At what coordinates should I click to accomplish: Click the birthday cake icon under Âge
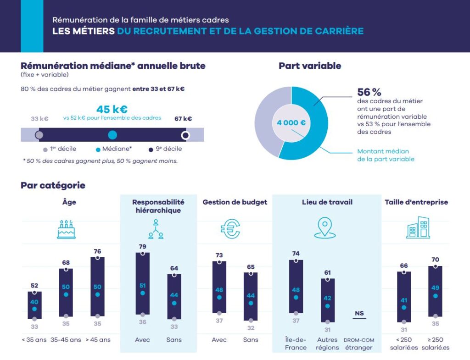pos(66,229)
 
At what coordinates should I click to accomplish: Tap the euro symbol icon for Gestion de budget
pos(230,228)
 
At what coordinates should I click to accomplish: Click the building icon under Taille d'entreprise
pos(418,228)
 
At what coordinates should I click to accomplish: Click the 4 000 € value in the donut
pos(291,123)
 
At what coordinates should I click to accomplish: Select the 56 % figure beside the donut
pos(369,92)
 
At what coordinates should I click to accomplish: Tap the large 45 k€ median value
pos(112,109)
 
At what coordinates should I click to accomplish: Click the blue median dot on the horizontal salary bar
pos(112,135)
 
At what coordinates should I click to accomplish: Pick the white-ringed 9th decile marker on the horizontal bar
pos(185,135)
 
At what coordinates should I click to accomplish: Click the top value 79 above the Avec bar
pos(143,246)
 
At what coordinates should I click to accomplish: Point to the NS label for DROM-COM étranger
pos(359,314)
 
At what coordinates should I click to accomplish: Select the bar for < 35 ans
pos(34,305)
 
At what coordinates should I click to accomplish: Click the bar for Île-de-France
pos(296,287)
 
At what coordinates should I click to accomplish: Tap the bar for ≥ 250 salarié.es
pos(435,291)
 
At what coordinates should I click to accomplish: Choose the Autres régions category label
pos(327,343)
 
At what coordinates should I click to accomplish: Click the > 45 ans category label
pos(97,340)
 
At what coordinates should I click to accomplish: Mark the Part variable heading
pos(310,66)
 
